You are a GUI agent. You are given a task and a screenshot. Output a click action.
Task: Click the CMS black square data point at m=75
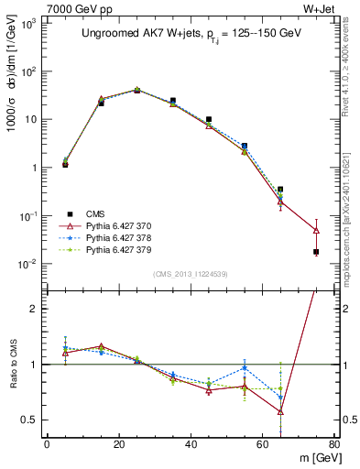coord(316,252)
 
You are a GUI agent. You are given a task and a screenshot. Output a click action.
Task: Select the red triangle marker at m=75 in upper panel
coord(316,231)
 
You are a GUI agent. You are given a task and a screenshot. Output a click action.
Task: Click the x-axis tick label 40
coord(190,444)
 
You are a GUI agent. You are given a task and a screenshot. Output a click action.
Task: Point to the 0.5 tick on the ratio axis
coord(30,420)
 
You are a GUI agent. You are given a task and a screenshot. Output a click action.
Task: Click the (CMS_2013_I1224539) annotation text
coord(190,273)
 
